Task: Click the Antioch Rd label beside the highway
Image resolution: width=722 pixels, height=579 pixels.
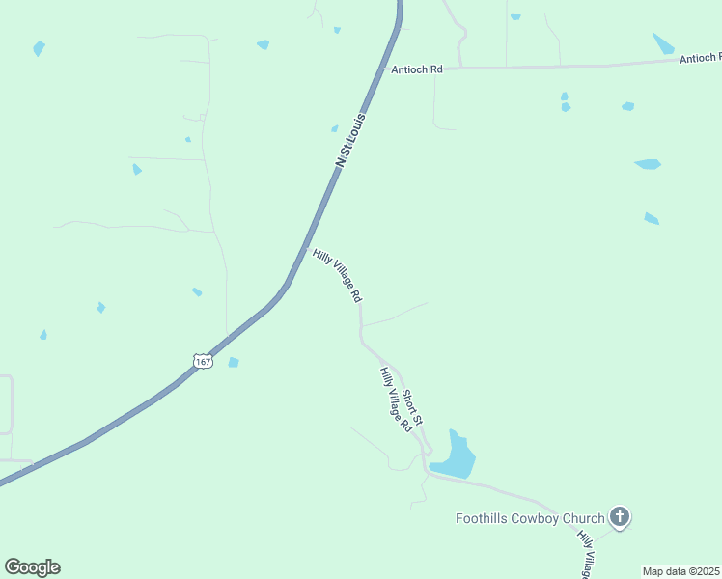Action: [x=416, y=69]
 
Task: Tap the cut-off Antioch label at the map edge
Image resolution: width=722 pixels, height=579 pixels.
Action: [x=700, y=59]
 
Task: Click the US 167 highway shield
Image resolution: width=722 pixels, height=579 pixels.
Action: [x=203, y=361]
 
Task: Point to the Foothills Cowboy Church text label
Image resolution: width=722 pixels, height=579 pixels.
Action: [x=530, y=519]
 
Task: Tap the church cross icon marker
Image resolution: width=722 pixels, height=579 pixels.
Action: [x=620, y=518]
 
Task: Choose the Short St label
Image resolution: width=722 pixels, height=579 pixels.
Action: [x=412, y=407]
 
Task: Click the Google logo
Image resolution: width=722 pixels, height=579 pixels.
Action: [x=32, y=567]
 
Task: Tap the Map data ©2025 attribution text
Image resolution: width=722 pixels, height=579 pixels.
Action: [x=680, y=571]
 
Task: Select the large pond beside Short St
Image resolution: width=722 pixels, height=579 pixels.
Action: [x=454, y=457]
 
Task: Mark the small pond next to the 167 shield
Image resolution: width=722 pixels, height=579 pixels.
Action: [x=233, y=363]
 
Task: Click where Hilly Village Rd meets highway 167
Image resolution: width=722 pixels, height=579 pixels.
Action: [x=306, y=249]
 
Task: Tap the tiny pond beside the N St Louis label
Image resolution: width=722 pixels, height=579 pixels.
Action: [x=334, y=128]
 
